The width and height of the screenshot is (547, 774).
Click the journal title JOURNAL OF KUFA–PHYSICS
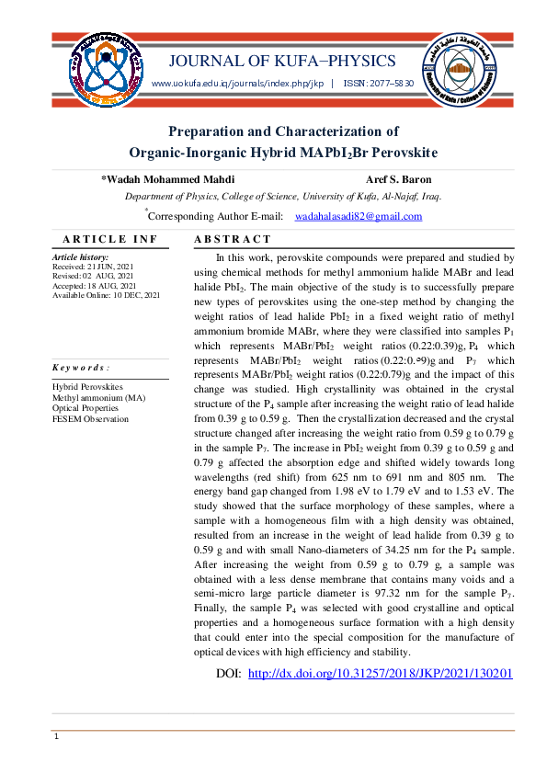click(x=282, y=62)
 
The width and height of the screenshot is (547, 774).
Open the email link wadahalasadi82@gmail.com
click(x=358, y=217)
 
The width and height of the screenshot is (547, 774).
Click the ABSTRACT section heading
click(x=229, y=240)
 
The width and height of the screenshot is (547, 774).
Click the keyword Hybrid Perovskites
click(x=88, y=388)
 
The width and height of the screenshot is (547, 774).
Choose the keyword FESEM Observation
click(x=91, y=419)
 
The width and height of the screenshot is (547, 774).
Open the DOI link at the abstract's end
click(x=380, y=674)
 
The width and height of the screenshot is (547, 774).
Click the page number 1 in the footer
click(x=57, y=737)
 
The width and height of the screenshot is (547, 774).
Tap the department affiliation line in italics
click(x=282, y=197)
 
